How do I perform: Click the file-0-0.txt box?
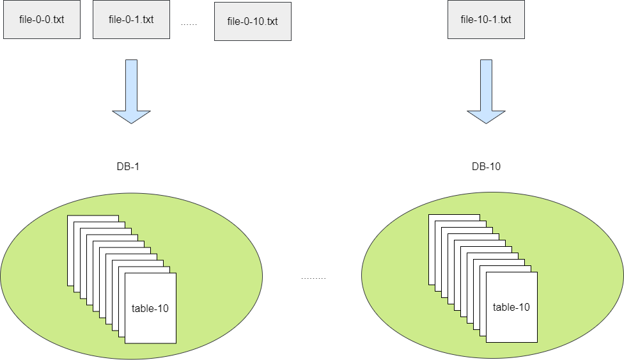[42, 19]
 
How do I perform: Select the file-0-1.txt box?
[131, 19]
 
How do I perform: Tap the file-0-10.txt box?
[253, 22]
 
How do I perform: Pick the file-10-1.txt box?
[486, 19]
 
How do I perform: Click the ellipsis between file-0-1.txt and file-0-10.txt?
[189, 24]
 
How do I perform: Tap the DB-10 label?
[486, 167]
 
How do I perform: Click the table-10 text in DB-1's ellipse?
[150, 308]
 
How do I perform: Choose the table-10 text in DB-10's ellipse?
[511, 307]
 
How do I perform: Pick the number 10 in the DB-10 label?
[495, 167]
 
